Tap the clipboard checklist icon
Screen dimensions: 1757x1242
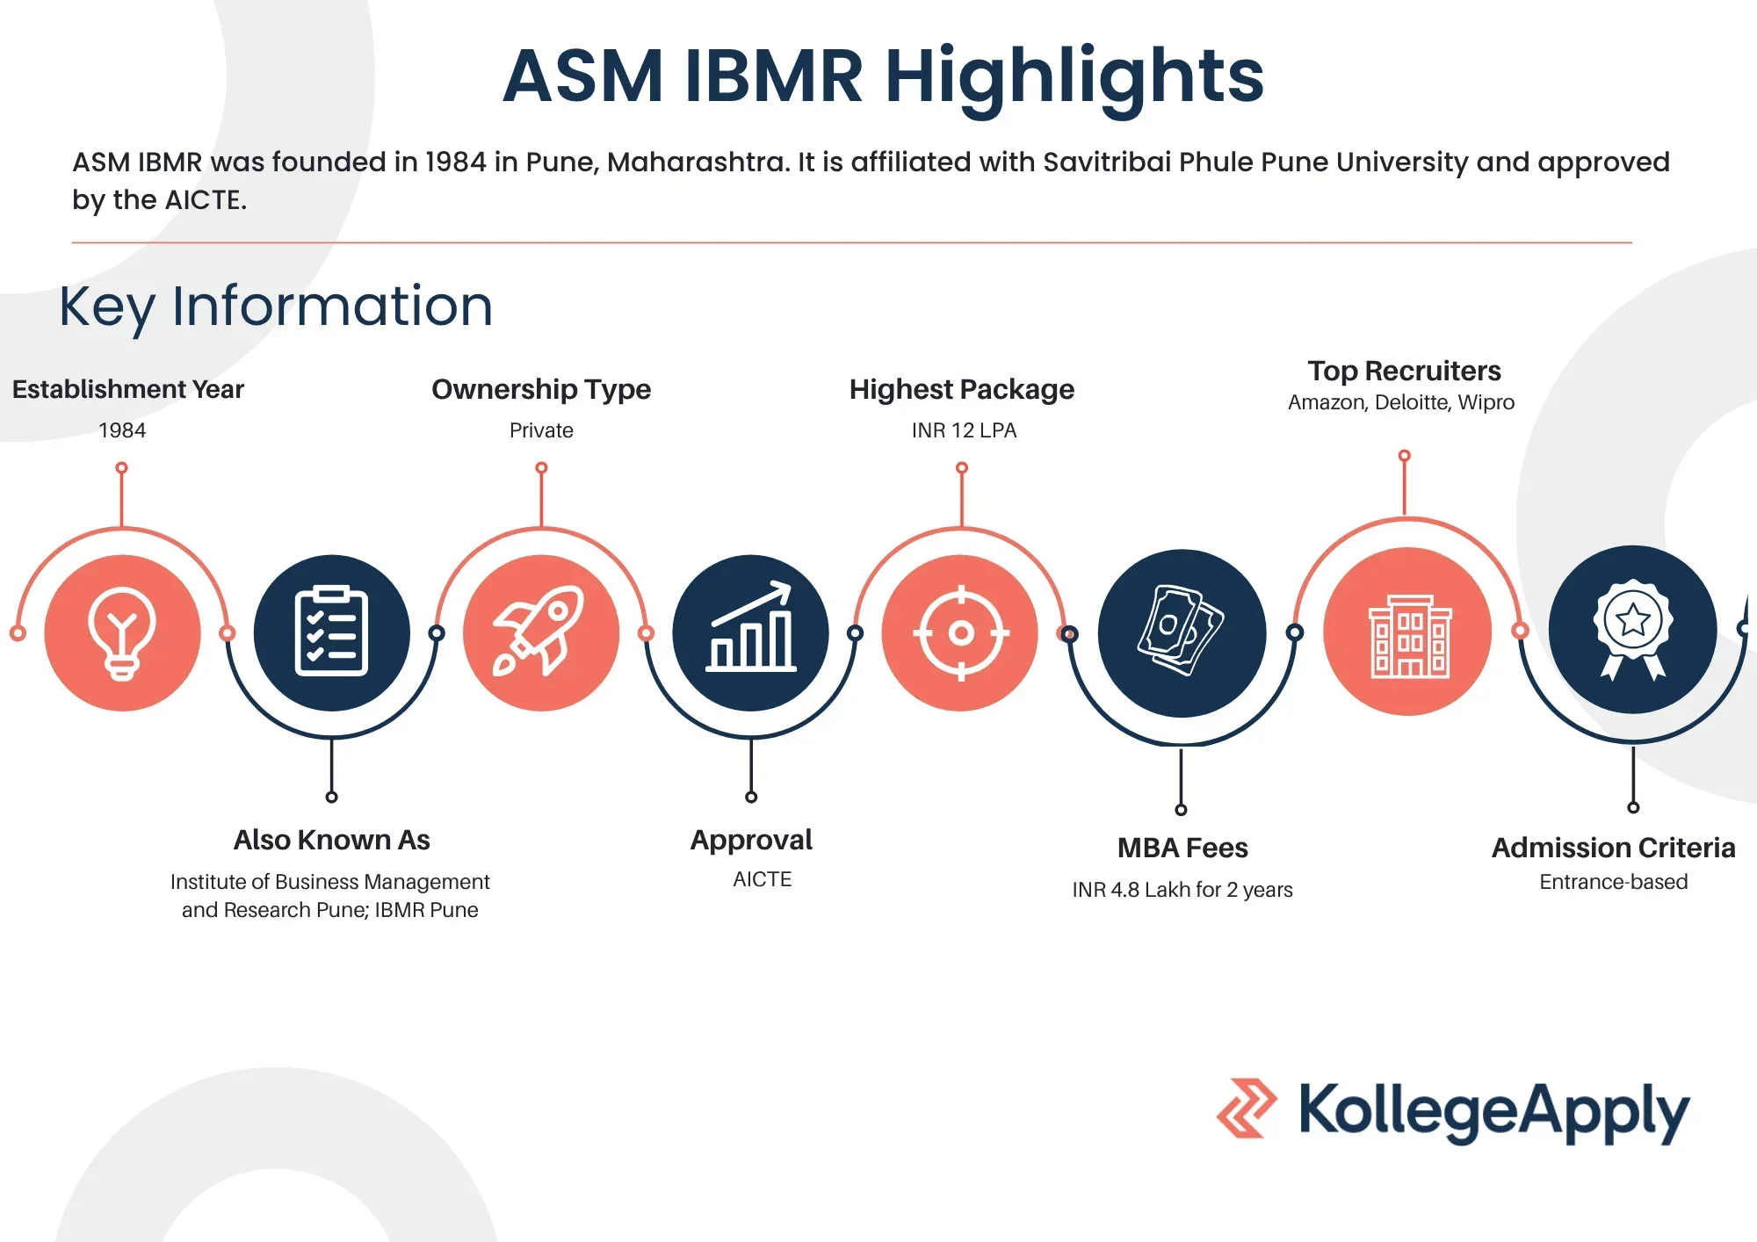(x=331, y=631)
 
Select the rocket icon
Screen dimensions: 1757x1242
(x=540, y=631)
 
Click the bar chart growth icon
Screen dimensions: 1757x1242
(x=751, y=627)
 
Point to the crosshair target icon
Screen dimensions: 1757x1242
(x=961, y=632)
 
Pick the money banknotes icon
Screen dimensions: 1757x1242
(x=1181, y=630)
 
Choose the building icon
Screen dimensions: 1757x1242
(x=1410, y=636)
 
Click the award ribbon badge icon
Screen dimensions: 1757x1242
(x=1633, y=629)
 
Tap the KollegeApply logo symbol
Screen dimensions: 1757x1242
(x=1247, y=1108)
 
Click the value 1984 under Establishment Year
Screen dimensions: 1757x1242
(x=122, y=430)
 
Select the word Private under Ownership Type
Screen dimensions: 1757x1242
(x=541, y=430)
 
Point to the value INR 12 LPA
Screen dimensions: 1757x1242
(x=964, y=430)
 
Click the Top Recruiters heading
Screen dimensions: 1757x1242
(x=1404, y=371)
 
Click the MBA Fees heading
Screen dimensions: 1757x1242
(x=1182, y=848)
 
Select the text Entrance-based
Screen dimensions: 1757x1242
(x=1614, y=882)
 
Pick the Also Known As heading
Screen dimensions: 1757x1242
(x=332, y=840)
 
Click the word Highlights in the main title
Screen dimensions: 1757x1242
(x=1074, y=77)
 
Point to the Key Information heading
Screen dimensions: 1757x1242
(x=276, y=307)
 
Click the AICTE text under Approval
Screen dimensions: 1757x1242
(x=763, y=879)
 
